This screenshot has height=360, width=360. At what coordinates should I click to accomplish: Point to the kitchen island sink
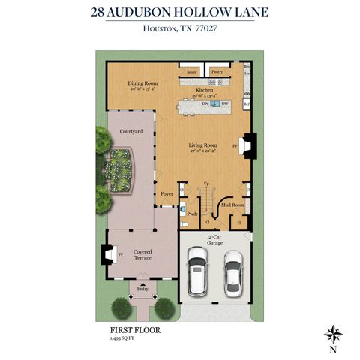(214, 103)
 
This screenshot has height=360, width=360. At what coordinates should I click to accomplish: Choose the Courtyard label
(121, 131)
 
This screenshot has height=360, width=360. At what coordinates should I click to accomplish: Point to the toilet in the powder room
(184, 223)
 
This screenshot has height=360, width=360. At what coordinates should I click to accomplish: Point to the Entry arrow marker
(142, 287)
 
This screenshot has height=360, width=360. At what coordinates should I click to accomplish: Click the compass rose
(332, 333)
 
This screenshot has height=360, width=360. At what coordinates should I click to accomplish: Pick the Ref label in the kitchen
(247, 104)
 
